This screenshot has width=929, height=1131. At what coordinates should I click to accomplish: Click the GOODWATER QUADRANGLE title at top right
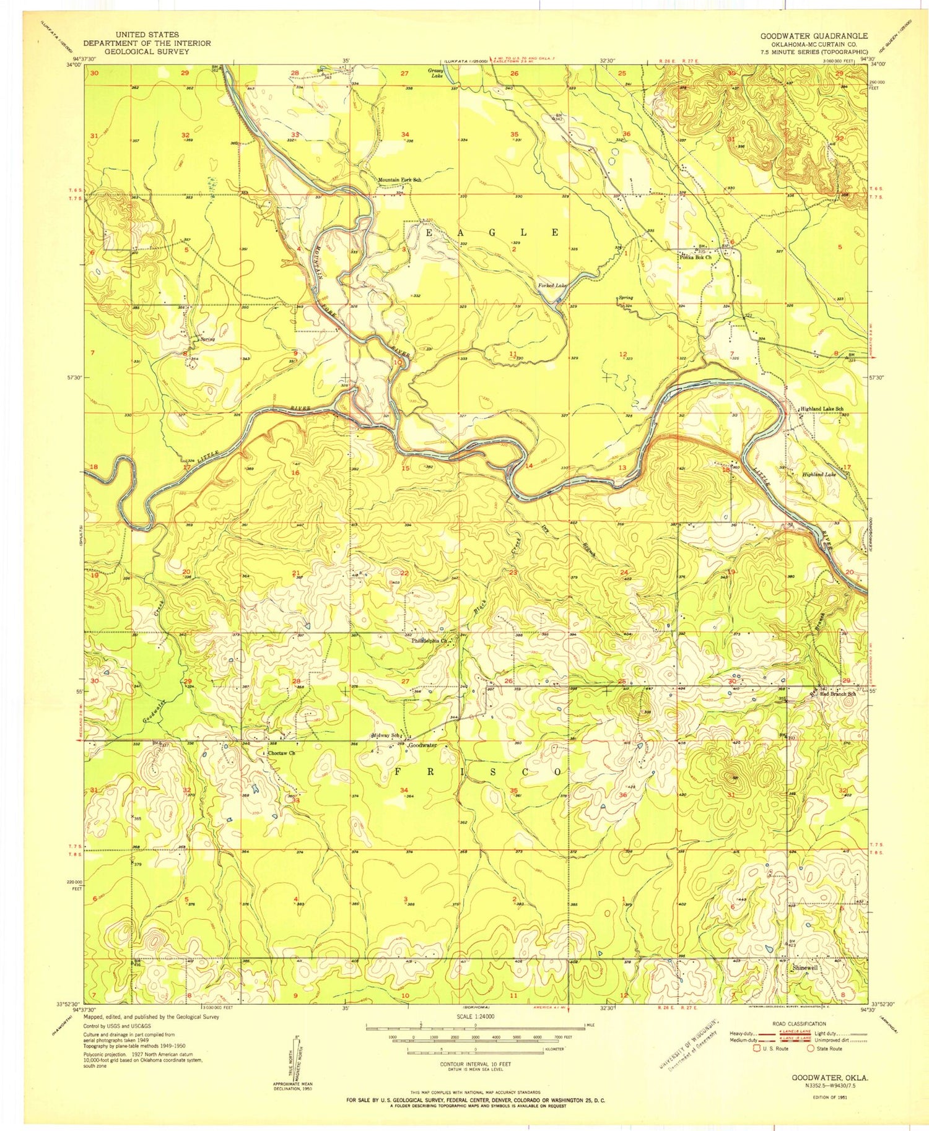(x=814, y=36)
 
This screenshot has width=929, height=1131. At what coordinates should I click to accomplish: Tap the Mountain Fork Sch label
(x=399, y=180)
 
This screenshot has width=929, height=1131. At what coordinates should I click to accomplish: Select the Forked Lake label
(x=552, y=285)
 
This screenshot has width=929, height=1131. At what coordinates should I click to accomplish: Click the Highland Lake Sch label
(x=822, y=409)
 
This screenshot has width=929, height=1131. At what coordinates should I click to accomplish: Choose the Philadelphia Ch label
(x=430, y=641)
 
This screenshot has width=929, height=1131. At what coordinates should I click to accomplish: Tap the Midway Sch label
(x=383, y=735)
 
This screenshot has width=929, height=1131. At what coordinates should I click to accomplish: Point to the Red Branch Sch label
(x=837, y=694)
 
